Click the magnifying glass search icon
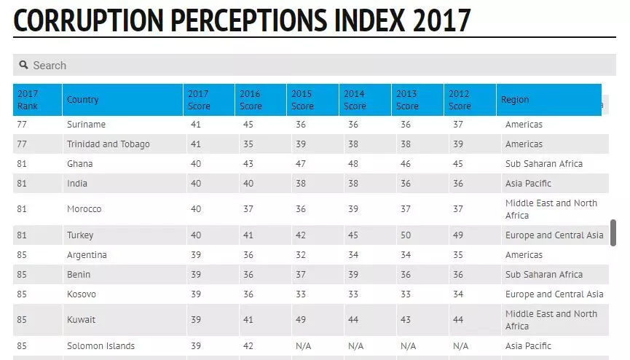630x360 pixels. pyautogui.click(x=23, y=65)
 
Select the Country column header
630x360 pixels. pyautogui.click(x=82, y=100)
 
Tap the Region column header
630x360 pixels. pyautogui.click(x=515, y=100)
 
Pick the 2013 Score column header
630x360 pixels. pyautogui.click(x=406, y=100)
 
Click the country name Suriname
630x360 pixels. pyautogui.click(x=86, y=125)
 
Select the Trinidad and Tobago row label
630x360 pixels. pyautogui.click(x=108, y=144)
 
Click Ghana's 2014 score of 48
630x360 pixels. pyautogui.click(x=353, y=164)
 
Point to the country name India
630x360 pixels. pyautogui.click(x=77, y=184)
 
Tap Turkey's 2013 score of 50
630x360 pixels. pyautogui.click(x=406, y=235)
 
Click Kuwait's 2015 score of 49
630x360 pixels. pyautogui.click(x=301, y=320)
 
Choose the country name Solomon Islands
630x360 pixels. pyautogui.click(x=101, y=346)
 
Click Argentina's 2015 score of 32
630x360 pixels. pyautogui.click(x=301, y=255)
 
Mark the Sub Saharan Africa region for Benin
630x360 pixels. pyautogui.click(x=543, y=275)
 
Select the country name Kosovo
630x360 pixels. pyautogui.click(x=82, y=294)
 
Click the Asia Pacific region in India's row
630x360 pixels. pyautogui.click(x=528, y=184)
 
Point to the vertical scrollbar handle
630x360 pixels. pyautogui.click(x=613, y=232)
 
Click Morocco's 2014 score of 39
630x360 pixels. pyautogui.click(x=353, y=209)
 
